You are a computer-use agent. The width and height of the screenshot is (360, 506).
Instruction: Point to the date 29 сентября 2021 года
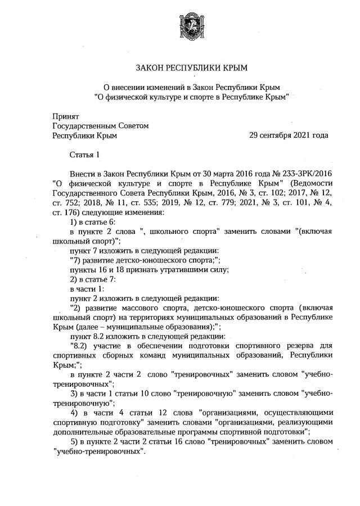click(x=288, y=135)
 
